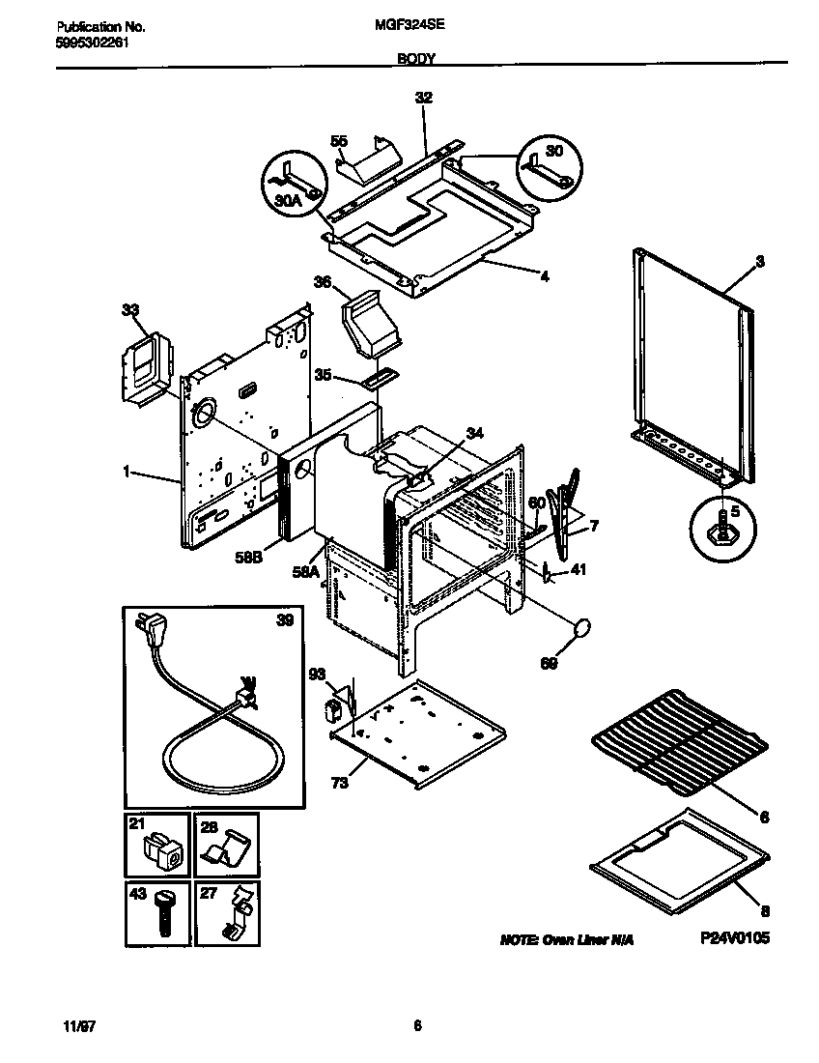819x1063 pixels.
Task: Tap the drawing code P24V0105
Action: coord(735,938)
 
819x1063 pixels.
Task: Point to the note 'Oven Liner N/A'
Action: coord(567,939)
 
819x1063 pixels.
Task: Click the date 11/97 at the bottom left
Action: coord(59,1025)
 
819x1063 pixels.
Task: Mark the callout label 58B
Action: coord(250,558)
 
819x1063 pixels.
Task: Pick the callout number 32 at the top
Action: coord(423,98)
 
